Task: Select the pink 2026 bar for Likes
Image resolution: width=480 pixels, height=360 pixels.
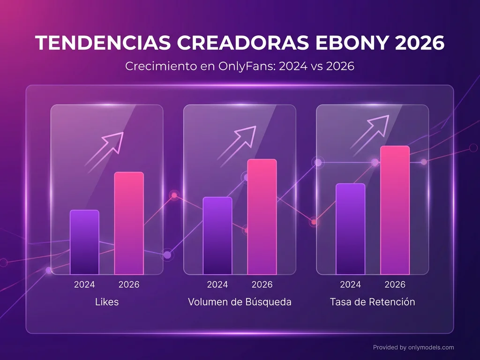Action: pyautogui.click(x=129, y=223)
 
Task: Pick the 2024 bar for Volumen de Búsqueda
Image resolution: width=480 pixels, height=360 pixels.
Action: pyautogui.click(x=217, y=235)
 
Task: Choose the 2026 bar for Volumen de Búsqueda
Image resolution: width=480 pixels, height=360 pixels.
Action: pyautogui.click(x=262, y=217)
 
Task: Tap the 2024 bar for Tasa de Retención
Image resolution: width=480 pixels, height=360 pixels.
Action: pyautogui.click(x=350, y=229)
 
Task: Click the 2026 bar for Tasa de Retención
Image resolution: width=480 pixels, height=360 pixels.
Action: pyautogui.click(x=395, y=210)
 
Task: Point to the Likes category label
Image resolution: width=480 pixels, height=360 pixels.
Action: pyautogui.click(x=107, y=302)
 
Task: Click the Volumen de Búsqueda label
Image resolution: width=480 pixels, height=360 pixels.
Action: pyautogui.click(x=240, y=302)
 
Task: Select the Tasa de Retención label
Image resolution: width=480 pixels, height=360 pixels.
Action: pyautogui.click(x=372, y=302)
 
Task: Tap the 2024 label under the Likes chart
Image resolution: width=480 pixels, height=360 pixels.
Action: pyautogui.click(x=84, y=285)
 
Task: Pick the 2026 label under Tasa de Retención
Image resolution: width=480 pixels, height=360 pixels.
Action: pyautogui.click(x=395, y=285)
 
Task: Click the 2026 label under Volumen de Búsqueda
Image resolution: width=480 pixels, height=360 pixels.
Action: pyautogui.click(x=262, y=285)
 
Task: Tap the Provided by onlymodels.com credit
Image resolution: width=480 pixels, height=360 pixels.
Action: pyautogui.click(x=413, y=347)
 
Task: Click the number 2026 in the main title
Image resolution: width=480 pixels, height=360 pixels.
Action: pyautogui.click(x=419, y=44)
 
